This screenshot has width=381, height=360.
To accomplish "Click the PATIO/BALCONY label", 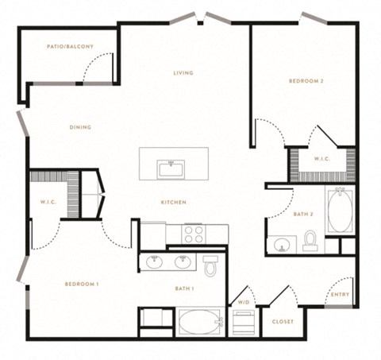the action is [70, 47].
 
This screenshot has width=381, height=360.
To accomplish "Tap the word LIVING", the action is [183, 73].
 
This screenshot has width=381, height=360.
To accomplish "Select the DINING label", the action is [80, 127].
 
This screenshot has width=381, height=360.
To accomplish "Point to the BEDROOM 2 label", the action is [306, 81].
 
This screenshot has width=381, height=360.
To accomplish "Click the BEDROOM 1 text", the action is [82, 285].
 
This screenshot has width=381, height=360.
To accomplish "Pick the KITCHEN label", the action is [174, 203].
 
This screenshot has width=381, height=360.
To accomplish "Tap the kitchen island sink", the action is [171, 169].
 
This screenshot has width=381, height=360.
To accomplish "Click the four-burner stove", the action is [194, 234].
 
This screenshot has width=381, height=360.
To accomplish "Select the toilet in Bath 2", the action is [310, 241].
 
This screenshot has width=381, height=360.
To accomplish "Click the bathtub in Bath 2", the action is [340, 210].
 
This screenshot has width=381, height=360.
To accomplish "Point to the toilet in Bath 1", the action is [210, 265].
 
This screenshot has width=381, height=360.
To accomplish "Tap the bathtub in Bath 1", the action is [201, 322].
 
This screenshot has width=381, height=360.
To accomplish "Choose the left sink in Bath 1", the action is [155, 262].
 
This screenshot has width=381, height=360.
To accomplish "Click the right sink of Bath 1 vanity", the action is [183, 262].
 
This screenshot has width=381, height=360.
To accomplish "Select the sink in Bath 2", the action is [282, 245].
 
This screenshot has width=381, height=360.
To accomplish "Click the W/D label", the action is [244, 302].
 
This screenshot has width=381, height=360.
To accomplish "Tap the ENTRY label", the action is [341, 295].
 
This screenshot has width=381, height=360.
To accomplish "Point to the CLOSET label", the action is [283, 322].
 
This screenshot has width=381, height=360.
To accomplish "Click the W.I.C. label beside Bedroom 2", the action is [322, 159].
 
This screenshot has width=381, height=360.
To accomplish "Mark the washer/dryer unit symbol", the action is [244, 323].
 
